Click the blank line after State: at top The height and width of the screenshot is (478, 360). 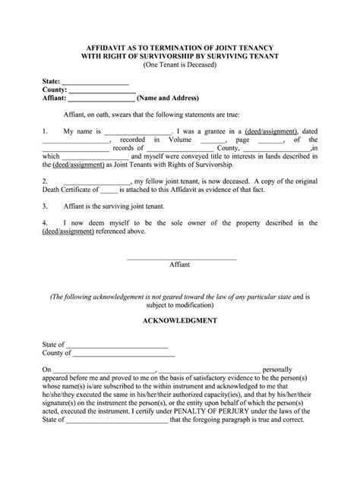(95, 81)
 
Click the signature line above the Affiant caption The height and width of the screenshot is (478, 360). (180, 259)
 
